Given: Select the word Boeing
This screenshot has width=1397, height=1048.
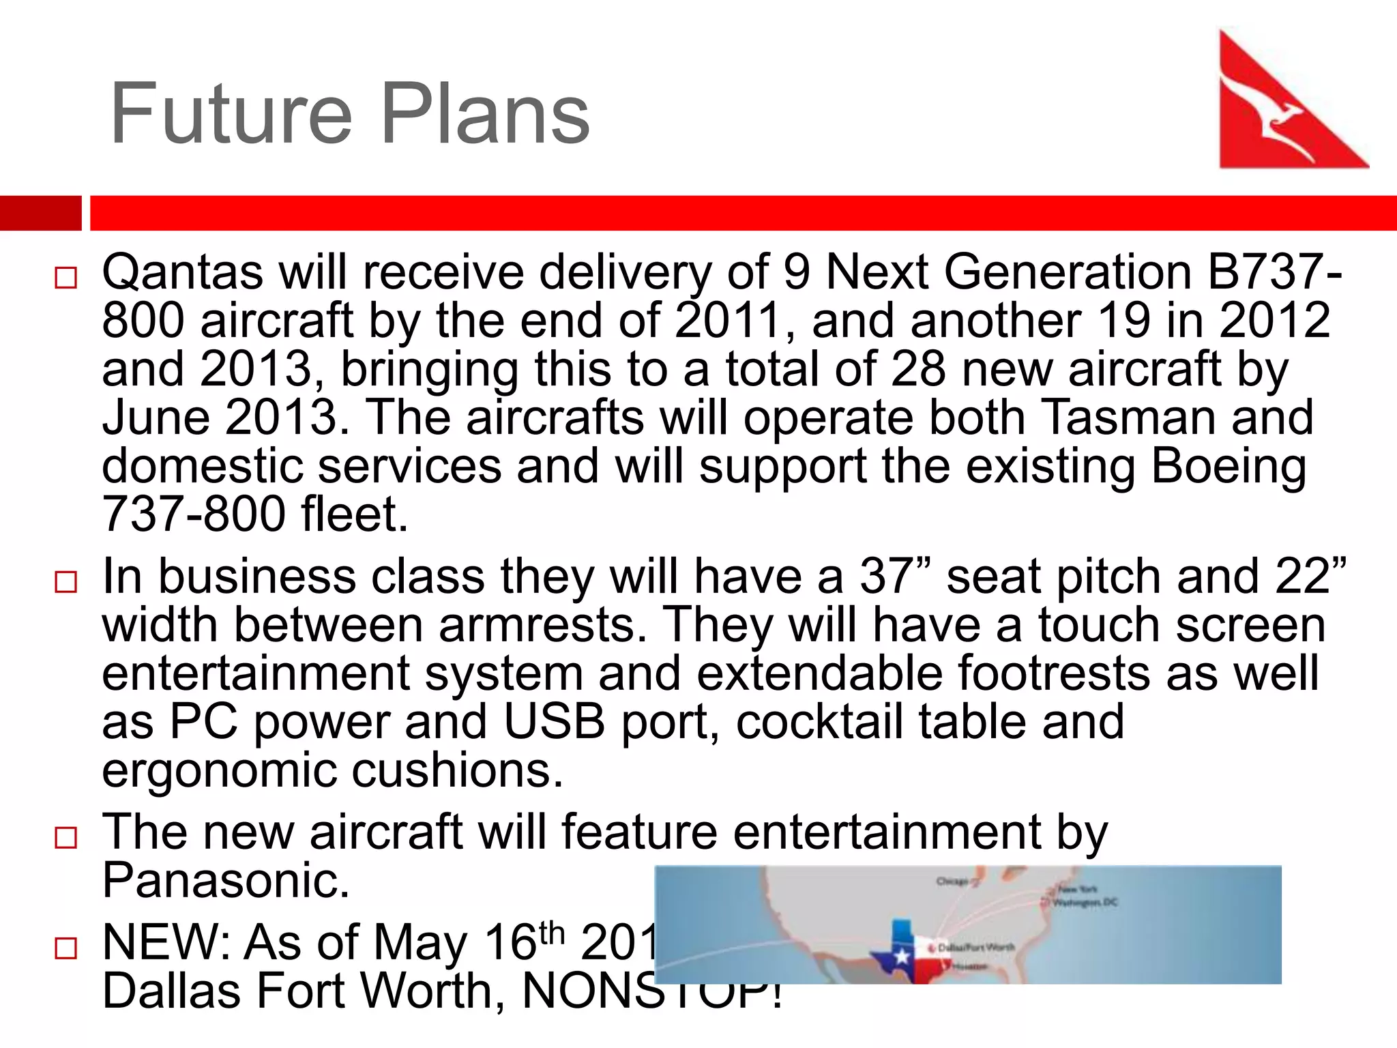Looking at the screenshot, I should [1229, 466].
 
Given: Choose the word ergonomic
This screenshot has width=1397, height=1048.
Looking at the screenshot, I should [219, 771].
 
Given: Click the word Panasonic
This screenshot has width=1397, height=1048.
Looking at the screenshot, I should [226, 880].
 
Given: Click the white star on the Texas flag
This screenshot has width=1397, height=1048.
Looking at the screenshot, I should [901, 955].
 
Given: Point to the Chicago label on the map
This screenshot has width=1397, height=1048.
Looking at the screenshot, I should [952, 881].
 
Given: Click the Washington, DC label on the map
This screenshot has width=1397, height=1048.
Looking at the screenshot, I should [1085, 902].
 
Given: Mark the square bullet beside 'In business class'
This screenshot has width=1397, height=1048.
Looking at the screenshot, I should [66, 582].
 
